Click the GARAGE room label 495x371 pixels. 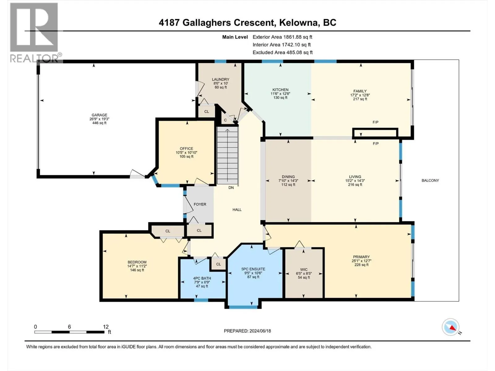coord(99,115)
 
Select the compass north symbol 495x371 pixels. coord(451,327)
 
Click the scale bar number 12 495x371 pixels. coord(106,327)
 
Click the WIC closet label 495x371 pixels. coord(304,270)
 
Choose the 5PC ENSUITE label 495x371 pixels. coord(253,269)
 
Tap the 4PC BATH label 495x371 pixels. coord(202,278)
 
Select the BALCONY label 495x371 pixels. coord(430,181)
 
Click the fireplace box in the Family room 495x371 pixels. coord(375,133)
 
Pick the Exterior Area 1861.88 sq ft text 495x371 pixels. coord(282,37)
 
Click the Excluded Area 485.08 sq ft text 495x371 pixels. coord(282,53)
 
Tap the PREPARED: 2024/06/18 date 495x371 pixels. coord(247,331)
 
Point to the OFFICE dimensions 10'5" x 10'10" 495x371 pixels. coord(187,152)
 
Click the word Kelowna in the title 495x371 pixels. coord(298,23)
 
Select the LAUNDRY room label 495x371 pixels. coord(221,79)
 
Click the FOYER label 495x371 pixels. coord(200,204)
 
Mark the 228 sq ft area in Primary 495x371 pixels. coord(361,265)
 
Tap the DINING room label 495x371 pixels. coord(288,177)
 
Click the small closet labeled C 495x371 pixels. coord(226,120)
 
